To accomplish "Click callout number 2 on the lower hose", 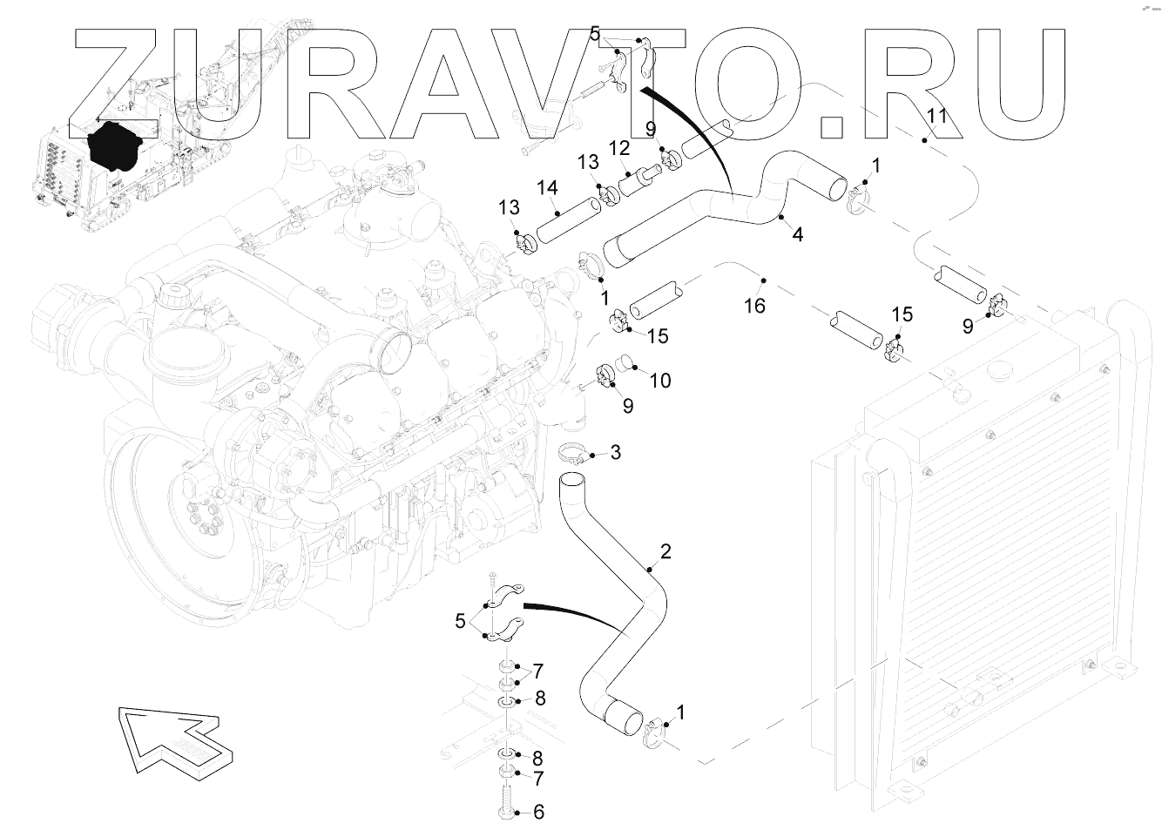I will coord(665,551).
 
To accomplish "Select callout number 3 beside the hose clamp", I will coord(615,452).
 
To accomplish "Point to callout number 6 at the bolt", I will coord(538,813).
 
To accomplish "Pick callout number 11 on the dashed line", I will coord(936,116).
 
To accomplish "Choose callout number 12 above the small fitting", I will coord(619,149).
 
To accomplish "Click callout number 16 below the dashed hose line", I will coord(754,305).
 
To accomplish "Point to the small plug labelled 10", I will coord(625,361).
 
